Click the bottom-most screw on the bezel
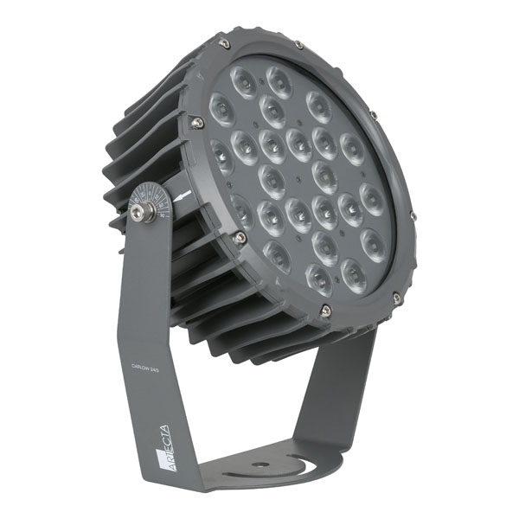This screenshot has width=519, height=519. click(325, 309)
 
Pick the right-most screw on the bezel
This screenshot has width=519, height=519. click(413, 215)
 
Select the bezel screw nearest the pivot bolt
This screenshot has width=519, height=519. click(240, 236)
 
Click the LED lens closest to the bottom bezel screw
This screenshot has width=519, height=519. click(317, 278)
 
